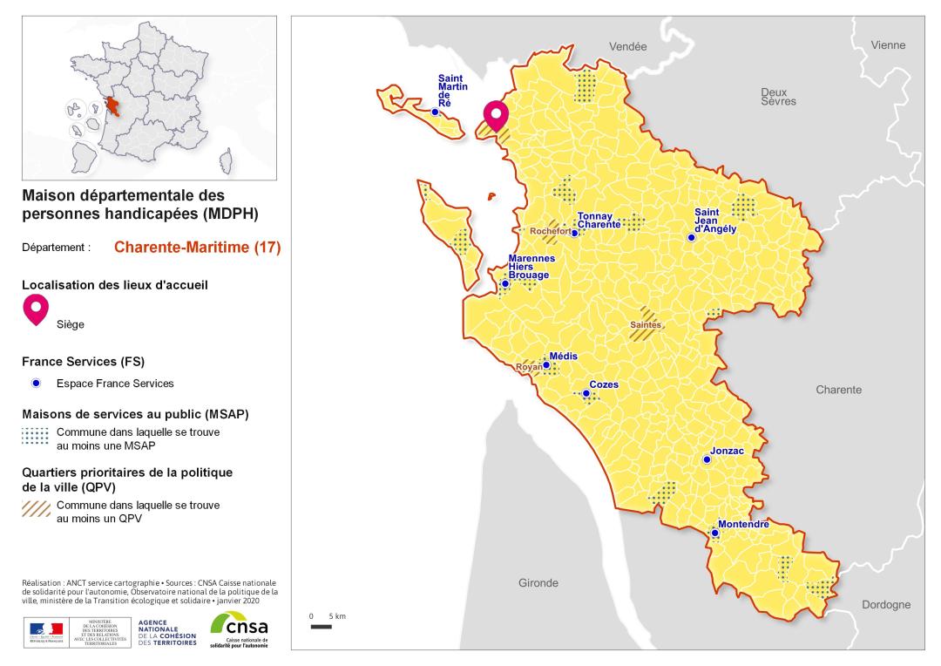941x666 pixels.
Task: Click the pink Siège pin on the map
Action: pos(497,116)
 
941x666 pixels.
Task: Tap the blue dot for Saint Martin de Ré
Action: pos(435,112)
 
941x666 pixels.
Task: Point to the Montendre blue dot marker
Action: pos(714,533)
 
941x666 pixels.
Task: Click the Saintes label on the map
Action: pos(646,324)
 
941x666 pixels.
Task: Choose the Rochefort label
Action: pos(551,231)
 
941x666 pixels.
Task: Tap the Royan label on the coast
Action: pos(528,367)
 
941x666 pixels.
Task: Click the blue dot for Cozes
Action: pos(586,394)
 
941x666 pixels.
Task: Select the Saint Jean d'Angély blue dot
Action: pos(691,237)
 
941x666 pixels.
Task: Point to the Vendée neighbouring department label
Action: pos(627,46)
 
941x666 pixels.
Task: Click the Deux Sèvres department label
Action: pos(774,97)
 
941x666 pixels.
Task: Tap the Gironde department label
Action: pos(538,583)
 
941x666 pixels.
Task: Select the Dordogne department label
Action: pos(885,604)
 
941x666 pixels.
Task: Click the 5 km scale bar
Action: pos(322,626)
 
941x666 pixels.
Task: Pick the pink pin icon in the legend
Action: pos(36,309)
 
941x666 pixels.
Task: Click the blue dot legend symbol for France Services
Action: pos(36,384)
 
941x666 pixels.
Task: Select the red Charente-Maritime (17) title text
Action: pos(197,247)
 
